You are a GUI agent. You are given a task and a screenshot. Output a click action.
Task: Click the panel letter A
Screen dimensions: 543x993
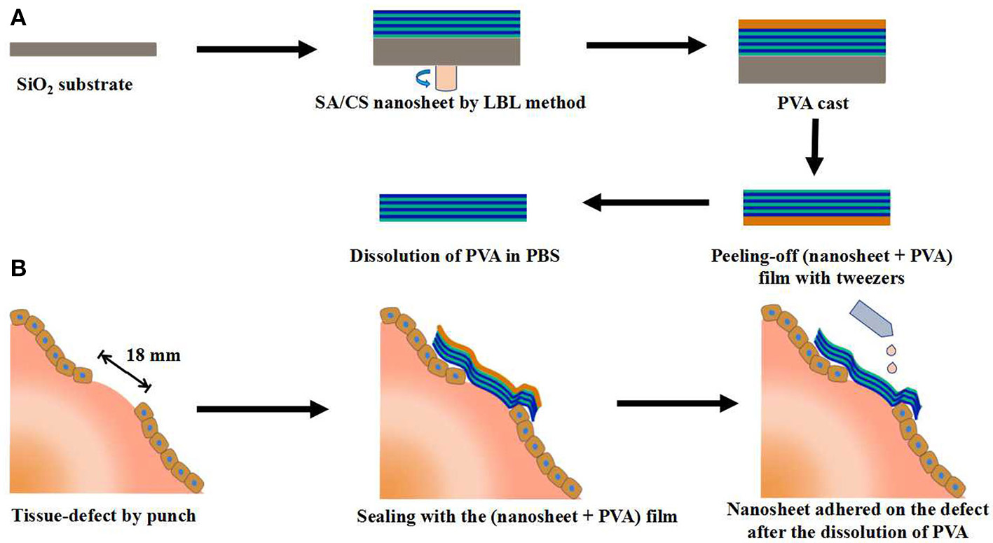click(18, 19)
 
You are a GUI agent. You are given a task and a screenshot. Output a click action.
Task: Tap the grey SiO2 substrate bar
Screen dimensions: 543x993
click(83, 48)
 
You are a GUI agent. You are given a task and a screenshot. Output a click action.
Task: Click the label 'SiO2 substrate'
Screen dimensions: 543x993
click(74, 86)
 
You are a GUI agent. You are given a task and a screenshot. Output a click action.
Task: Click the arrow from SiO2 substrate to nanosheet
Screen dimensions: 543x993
click(256, 49)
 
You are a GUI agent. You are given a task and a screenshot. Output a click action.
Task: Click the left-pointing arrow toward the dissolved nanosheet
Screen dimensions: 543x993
click(645, 203)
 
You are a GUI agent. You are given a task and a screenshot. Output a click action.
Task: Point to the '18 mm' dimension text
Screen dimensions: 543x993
click(154, 355)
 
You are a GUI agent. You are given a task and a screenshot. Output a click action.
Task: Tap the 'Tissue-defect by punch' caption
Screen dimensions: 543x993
click(103, 517)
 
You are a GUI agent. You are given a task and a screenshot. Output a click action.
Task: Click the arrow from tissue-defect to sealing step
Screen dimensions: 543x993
click(263, 410)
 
